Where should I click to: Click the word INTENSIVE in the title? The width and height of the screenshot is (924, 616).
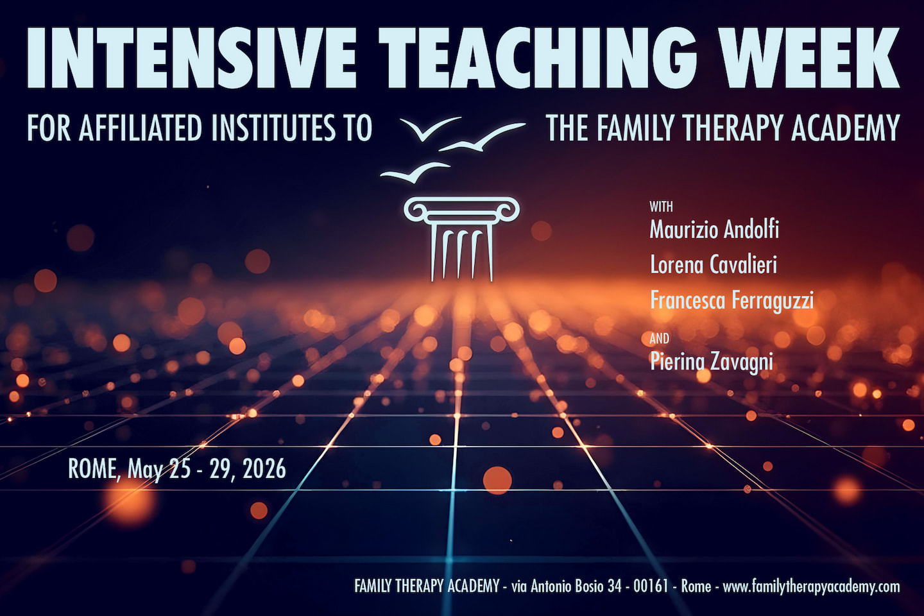[x=191, y=58]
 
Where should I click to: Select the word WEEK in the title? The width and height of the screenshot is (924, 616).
[x=809, y=58]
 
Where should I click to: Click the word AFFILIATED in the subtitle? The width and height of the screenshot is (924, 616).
[x=141, y=128]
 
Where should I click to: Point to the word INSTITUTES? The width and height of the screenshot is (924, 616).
[x=274, y=128]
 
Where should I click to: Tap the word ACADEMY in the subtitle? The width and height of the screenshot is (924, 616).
[x=846, y=128]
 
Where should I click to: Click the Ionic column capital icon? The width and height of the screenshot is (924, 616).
[x=461, y=210]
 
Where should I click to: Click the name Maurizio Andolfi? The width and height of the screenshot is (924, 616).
[x=714, y=230]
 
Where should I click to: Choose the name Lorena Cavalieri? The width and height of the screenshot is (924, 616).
[x=714, y=264]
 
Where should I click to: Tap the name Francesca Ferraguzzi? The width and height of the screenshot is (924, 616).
[x=732, y=300]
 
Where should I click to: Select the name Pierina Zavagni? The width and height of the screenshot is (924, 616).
[x=712, y=361]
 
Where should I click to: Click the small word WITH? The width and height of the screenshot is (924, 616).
[x=661, y=207]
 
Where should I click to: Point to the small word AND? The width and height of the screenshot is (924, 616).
[x=659, y=339]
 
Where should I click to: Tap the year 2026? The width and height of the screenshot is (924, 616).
[x=264, y=469]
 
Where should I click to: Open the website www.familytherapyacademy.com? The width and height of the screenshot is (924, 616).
[x=811, y=586]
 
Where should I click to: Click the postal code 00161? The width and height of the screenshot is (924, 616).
[x=651, y=586]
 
